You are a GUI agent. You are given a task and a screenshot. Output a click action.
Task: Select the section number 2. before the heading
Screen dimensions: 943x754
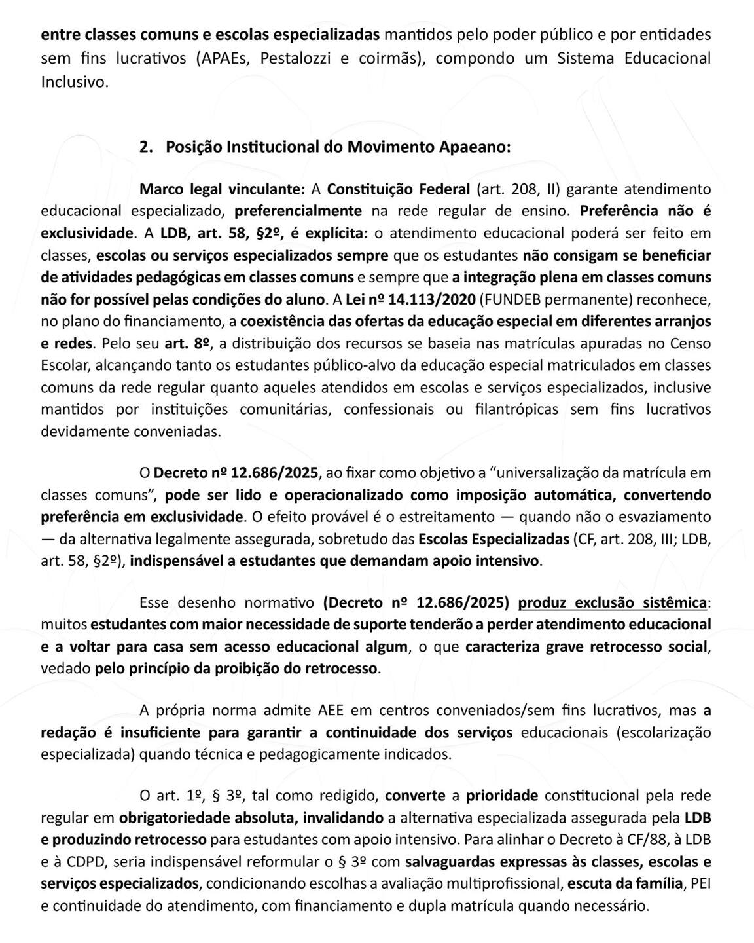click(x=146, y=147)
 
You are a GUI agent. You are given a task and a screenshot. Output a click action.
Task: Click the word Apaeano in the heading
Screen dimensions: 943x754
click(x=473, y=147)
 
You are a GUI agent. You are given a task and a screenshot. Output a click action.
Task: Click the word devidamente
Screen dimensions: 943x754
click(x=82, y=432)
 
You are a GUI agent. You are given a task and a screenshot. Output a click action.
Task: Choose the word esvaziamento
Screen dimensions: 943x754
click(x=664, y=516)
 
